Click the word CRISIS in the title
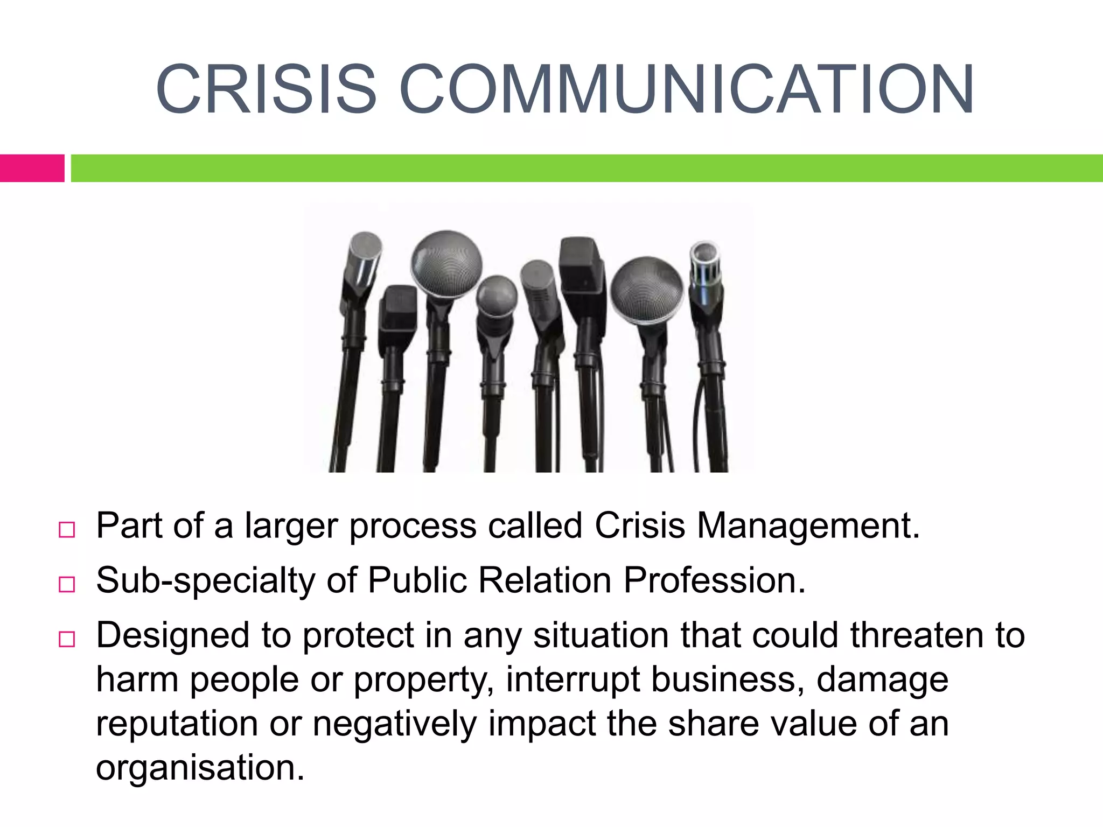pos(266,89)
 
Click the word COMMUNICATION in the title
pos(686,89)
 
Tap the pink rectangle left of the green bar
pos(32,168)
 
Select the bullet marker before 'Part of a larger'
pos(67,529)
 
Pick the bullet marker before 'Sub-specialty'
pos(67,584)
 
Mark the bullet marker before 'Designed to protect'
pos(67,639)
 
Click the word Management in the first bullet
pos(808,525)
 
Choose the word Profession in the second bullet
pos(714,580)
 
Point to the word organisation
pos(199,768)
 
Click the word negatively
pos(395,724)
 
